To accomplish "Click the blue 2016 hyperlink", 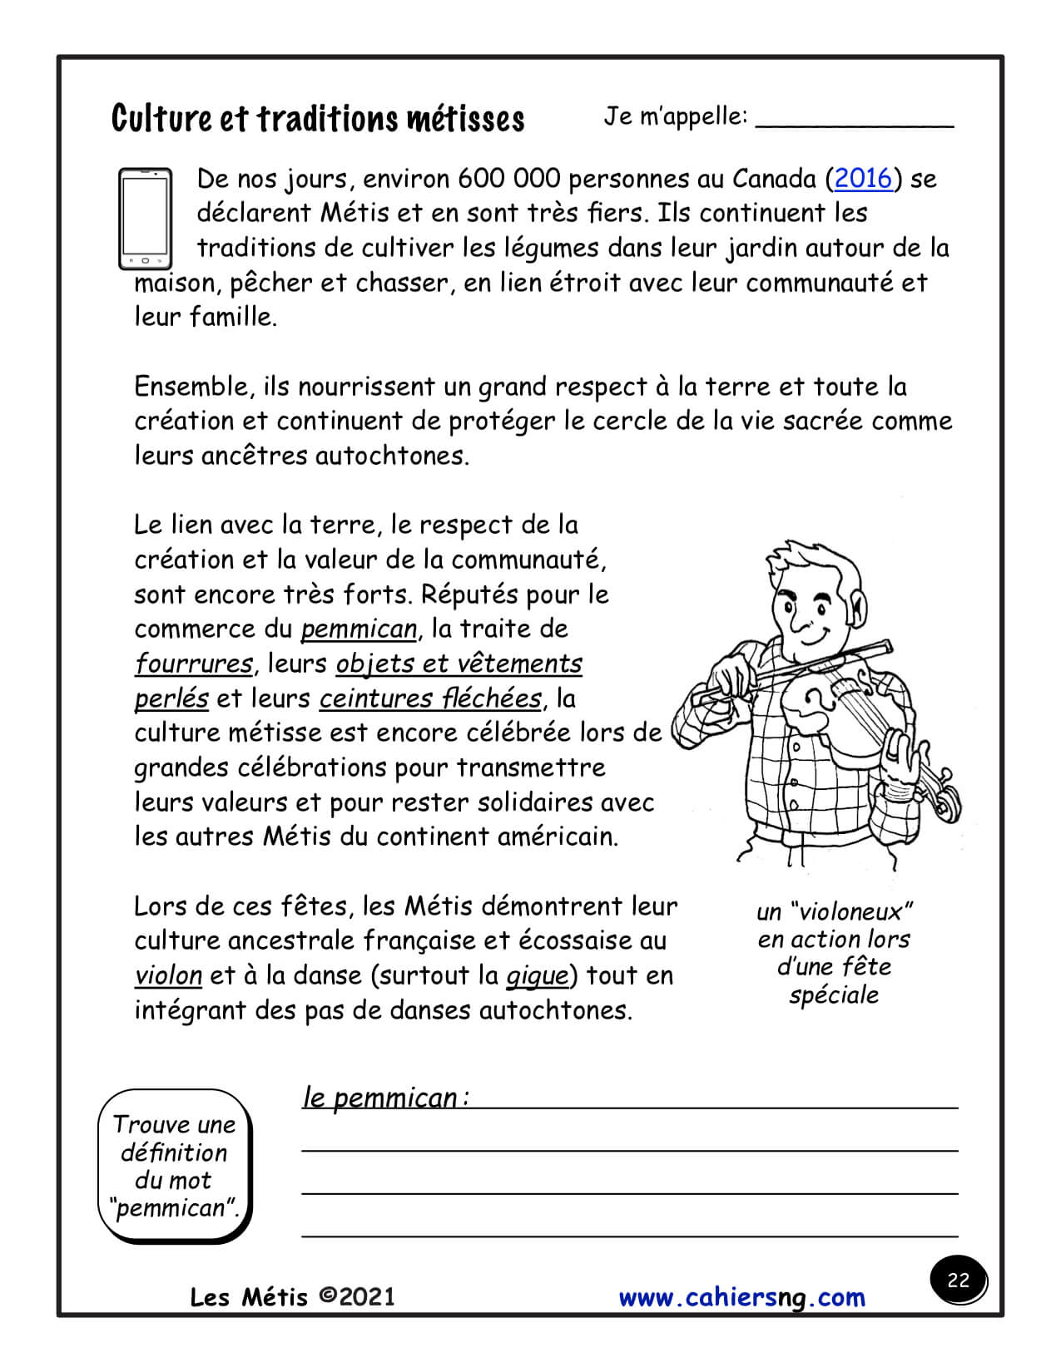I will [x=863, y=179].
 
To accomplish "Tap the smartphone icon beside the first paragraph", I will [x=145, y=219].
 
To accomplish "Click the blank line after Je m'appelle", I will [x=854, y=121].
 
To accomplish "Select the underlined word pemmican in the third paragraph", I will [x=359, y=629].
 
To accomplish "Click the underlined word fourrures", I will [x=194, y=664].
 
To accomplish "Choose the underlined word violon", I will [x=168, y=976].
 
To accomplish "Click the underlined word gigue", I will [x=537, y=976].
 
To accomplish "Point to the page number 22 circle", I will [x=958, y=1280].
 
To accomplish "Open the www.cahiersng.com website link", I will [x=742, y=1298].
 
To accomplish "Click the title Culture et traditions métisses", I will [x=318, y=119].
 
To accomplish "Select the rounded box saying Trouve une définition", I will [x=174, y=1166].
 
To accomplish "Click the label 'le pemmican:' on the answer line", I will [x=385, y=1098].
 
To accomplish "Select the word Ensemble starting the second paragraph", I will [x=191, y=387].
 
